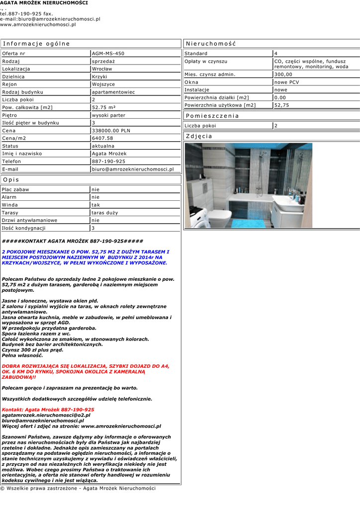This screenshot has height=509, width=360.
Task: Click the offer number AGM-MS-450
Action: pyautogui.click(x=108, y=54)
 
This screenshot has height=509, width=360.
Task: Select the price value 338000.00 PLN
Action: pyautogui.click(x=111, y=131)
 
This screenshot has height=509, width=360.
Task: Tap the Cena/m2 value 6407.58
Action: pyautogui.click(x=102, y=138)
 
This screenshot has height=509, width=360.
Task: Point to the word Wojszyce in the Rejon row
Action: pyautogui.click(x=103, y=85)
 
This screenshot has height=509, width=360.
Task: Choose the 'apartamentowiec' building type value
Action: pyautogui.click(x=113, y=92)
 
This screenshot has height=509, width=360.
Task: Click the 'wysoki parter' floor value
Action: pyautogui.click(x=108, y=115)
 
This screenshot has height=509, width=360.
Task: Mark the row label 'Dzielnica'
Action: pyautogui.click(x=13, y=77)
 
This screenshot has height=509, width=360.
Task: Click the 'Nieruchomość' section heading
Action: pyautogui.click(x=211, y=44)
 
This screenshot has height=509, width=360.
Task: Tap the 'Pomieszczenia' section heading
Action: pyautogui.click(x=212, y=116)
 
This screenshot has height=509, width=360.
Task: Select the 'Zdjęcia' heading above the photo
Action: pyautogui.click(x=199, y=136)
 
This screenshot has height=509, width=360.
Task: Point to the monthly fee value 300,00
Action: pyautogui.click(x=283, y=75)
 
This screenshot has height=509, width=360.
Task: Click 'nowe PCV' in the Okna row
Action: pyautogui.click(x=287, y=82)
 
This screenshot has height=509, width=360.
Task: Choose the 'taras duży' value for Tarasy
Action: pyautogui.click(x=105, y=213)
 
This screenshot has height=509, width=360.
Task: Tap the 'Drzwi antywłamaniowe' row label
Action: pyautogui.click(x=29, y=220)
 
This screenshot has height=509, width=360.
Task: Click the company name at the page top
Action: pyautogui.click(x=44, y=3)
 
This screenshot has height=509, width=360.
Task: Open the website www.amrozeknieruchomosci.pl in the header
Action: pyautogui.click(x=38, y=24)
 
